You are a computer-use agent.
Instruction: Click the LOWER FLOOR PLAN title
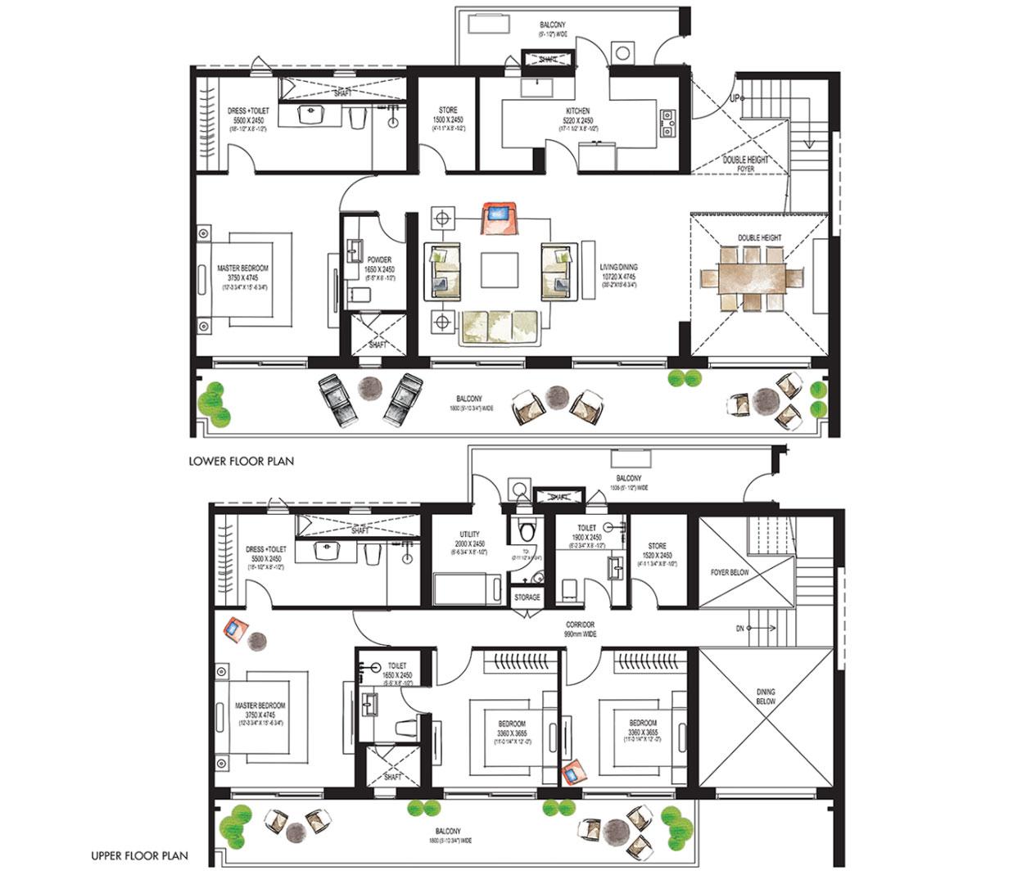241,461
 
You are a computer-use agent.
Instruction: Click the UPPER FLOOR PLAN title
139,856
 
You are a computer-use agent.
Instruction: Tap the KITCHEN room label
577,111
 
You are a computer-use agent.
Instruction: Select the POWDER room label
379,260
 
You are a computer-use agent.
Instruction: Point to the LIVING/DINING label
618,267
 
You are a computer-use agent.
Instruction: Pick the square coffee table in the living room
499,269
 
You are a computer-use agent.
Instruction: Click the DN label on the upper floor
739,628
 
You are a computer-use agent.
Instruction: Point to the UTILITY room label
469,534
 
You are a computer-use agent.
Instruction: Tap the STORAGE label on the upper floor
527,598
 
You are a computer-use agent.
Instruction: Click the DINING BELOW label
765,697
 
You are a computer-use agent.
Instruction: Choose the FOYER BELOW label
729,572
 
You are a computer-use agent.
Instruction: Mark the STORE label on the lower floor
447,110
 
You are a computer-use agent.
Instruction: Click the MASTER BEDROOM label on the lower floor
242,268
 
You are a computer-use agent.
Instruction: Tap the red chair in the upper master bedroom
235,629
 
